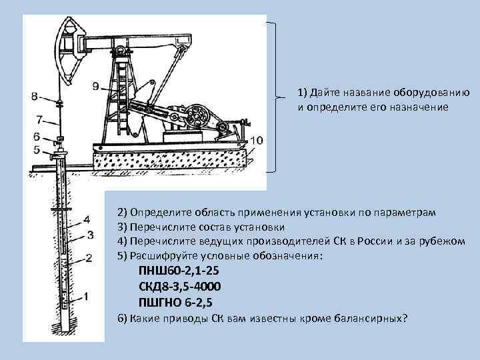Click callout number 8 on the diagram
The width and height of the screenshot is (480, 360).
[34, 95]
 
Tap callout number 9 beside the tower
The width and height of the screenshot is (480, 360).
[95, 85]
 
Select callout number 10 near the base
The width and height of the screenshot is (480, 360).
[257, 140]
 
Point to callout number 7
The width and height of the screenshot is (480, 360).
[39, 120]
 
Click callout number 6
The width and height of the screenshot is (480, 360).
[37, 137]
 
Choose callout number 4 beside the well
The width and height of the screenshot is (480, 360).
[87, 219]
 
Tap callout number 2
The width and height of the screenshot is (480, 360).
[89, 259]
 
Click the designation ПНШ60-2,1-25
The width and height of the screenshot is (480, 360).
[178, 271]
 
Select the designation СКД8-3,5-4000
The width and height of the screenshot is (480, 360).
[180, 286]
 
